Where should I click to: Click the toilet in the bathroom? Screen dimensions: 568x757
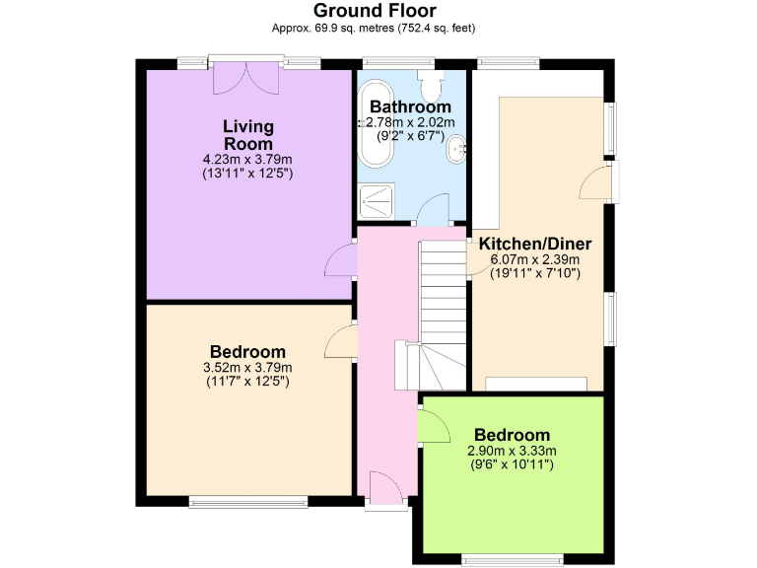430,76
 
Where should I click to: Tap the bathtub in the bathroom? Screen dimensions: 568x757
378,148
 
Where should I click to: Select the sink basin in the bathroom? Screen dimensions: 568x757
457,151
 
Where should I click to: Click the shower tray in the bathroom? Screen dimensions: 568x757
378,203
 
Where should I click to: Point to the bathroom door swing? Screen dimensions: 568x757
431,210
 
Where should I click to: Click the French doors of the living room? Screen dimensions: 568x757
243,77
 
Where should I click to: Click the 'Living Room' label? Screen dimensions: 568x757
247,135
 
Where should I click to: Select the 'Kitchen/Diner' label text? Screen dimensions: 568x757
535,244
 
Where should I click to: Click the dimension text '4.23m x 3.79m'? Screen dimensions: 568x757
247,159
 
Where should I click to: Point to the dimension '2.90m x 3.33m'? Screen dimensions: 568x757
512,451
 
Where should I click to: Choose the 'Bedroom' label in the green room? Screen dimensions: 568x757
512,435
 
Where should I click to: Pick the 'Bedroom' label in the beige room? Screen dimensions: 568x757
247,352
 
